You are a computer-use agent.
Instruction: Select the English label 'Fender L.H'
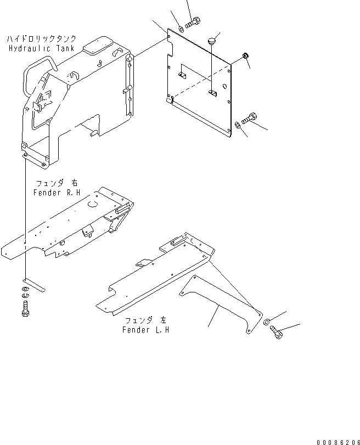(x=145, y=330)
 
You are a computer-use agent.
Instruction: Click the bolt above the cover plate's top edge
(x=192, y=23)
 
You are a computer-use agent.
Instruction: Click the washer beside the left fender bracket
(x=266, y=322)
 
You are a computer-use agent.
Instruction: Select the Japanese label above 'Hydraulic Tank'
(x=42, y=40)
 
